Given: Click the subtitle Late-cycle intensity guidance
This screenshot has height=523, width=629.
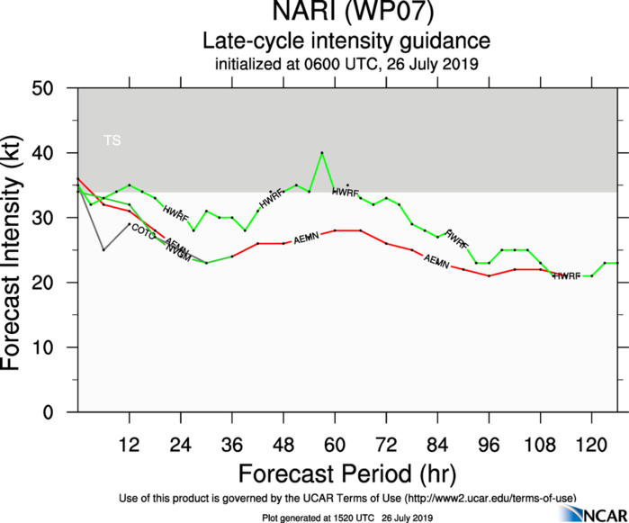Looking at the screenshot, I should click(346, 41).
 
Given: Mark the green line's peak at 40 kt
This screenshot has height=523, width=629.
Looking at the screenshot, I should click(321, 153).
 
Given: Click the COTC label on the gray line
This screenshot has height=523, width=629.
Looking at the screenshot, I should click(143, 230).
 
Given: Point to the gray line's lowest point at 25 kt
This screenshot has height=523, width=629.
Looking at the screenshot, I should click(103, 250).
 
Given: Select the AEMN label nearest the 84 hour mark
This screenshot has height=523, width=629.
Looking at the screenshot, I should click(436, 261).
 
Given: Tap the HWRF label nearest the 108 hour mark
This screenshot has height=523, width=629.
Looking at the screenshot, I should click(566, 276).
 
